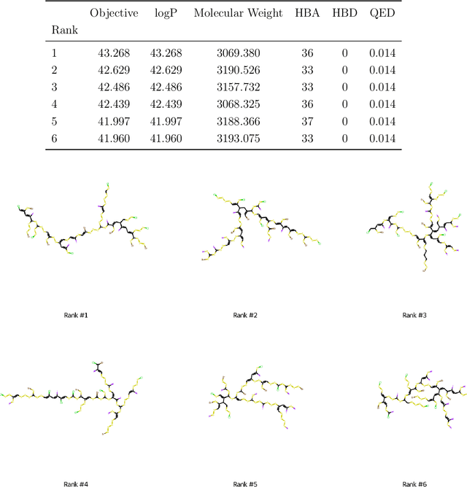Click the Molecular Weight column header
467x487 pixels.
[238, 14]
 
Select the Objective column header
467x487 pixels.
[114, 14]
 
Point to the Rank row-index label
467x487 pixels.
[65, 31]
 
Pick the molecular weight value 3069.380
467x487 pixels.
[238, 53]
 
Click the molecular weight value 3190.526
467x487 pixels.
[238, 71]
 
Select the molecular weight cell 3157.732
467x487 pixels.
[238, 87]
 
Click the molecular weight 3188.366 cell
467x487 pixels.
[238, 122]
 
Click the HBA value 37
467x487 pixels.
[308, 122]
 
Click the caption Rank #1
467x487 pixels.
[77, 315]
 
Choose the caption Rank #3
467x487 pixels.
[414, 315]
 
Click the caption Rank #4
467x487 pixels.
[77, 483]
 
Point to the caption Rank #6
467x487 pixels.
[414, 483]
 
